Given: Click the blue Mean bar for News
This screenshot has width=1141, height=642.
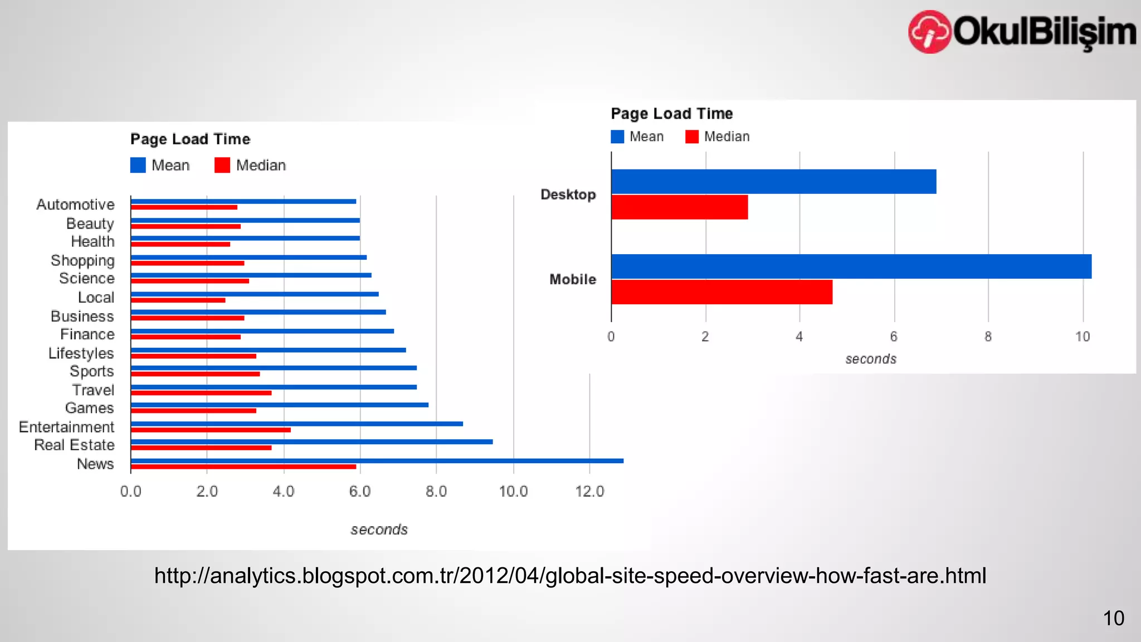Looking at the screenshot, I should click(377, 461).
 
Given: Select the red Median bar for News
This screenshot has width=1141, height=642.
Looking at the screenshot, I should click(243, 467).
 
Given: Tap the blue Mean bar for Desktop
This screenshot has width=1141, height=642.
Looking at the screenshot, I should click(773, 182).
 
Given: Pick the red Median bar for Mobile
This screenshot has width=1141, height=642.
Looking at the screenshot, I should click(721, 292).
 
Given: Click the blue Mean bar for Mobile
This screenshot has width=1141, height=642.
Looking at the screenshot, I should click(851, 266).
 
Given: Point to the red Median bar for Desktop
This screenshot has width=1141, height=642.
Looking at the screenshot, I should click(679, 207).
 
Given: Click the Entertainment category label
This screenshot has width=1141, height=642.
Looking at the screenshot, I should click(66, 427).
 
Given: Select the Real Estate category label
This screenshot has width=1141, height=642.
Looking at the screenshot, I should click(74, 445).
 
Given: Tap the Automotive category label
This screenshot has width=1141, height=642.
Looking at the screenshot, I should click(75, 205).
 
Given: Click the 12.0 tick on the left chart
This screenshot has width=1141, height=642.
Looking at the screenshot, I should click(589, 492).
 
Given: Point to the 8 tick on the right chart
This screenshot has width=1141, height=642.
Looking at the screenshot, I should click(988, 337).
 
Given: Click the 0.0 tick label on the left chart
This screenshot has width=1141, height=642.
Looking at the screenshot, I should click(130, 492).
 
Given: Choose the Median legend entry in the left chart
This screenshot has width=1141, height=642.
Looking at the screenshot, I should click(251, 166).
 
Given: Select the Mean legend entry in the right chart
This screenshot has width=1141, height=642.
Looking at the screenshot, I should click(638, 137).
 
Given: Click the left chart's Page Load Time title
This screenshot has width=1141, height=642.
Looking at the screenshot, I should click(190, 139).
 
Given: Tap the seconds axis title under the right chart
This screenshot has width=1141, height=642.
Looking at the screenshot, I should click(870, 359).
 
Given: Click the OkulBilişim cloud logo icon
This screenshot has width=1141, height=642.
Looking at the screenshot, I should click(929, 32).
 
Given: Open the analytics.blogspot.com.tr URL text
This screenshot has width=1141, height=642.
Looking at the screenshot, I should click(570, 576).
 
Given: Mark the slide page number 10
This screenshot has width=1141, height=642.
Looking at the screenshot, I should click(1113, 618).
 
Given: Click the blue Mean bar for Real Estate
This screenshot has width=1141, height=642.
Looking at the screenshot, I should click(311, 442).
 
